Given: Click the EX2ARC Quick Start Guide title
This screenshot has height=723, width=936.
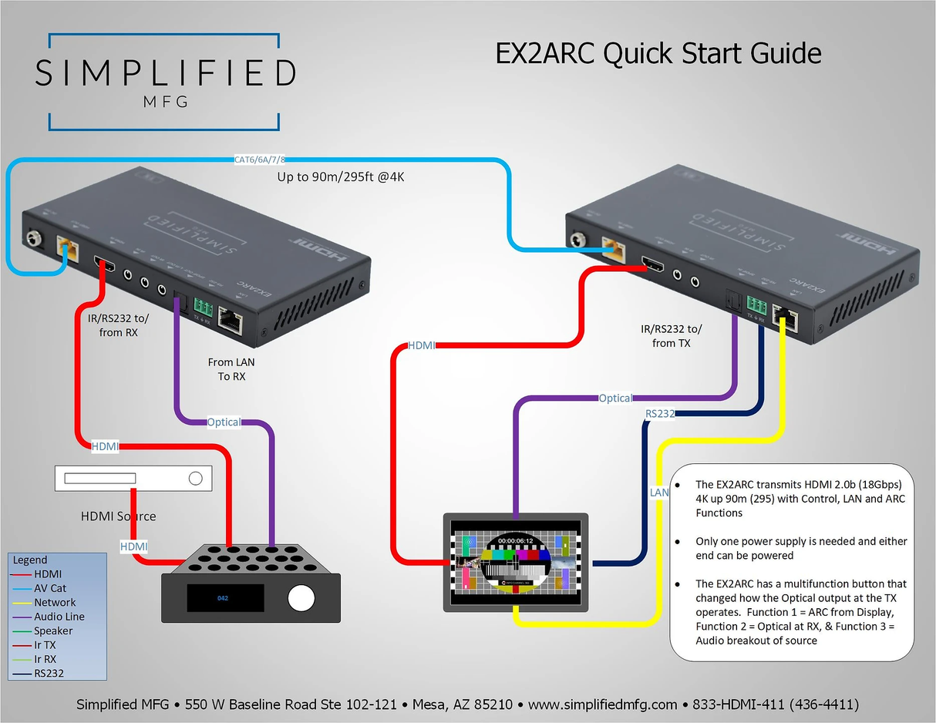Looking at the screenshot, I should coord(658,54).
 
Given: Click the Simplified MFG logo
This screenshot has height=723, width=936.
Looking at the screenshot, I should coord(164,80).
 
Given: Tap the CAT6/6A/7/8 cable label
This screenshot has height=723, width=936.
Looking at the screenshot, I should coord(259,160).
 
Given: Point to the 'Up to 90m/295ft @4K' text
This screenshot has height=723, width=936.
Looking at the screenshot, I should coord(340,177).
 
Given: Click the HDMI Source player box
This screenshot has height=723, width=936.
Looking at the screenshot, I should coord(133,479).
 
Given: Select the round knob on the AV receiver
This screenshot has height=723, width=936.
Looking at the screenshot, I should coord(301,597).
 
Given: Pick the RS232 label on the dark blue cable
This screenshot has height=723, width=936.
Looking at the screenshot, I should coord(660,414).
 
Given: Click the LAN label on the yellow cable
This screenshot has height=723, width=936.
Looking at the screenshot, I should coord(659,493).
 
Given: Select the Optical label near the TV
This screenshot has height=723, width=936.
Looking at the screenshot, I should coord(615,398).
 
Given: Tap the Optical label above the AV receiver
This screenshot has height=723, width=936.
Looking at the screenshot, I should coord(224,422).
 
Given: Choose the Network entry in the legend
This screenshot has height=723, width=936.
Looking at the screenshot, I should coord(55,602).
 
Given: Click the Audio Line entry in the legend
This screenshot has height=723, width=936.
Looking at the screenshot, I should coord(59,617).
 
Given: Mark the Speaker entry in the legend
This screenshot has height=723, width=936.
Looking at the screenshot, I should coord(53,631).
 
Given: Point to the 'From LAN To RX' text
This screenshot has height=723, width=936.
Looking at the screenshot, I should coord(231,369).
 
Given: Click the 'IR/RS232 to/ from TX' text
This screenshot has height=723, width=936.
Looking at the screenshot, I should coord(671,336).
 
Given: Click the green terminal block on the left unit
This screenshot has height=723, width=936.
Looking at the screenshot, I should coord(204,304).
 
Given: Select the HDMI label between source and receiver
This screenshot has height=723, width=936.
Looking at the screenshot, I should coord(133,546).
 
